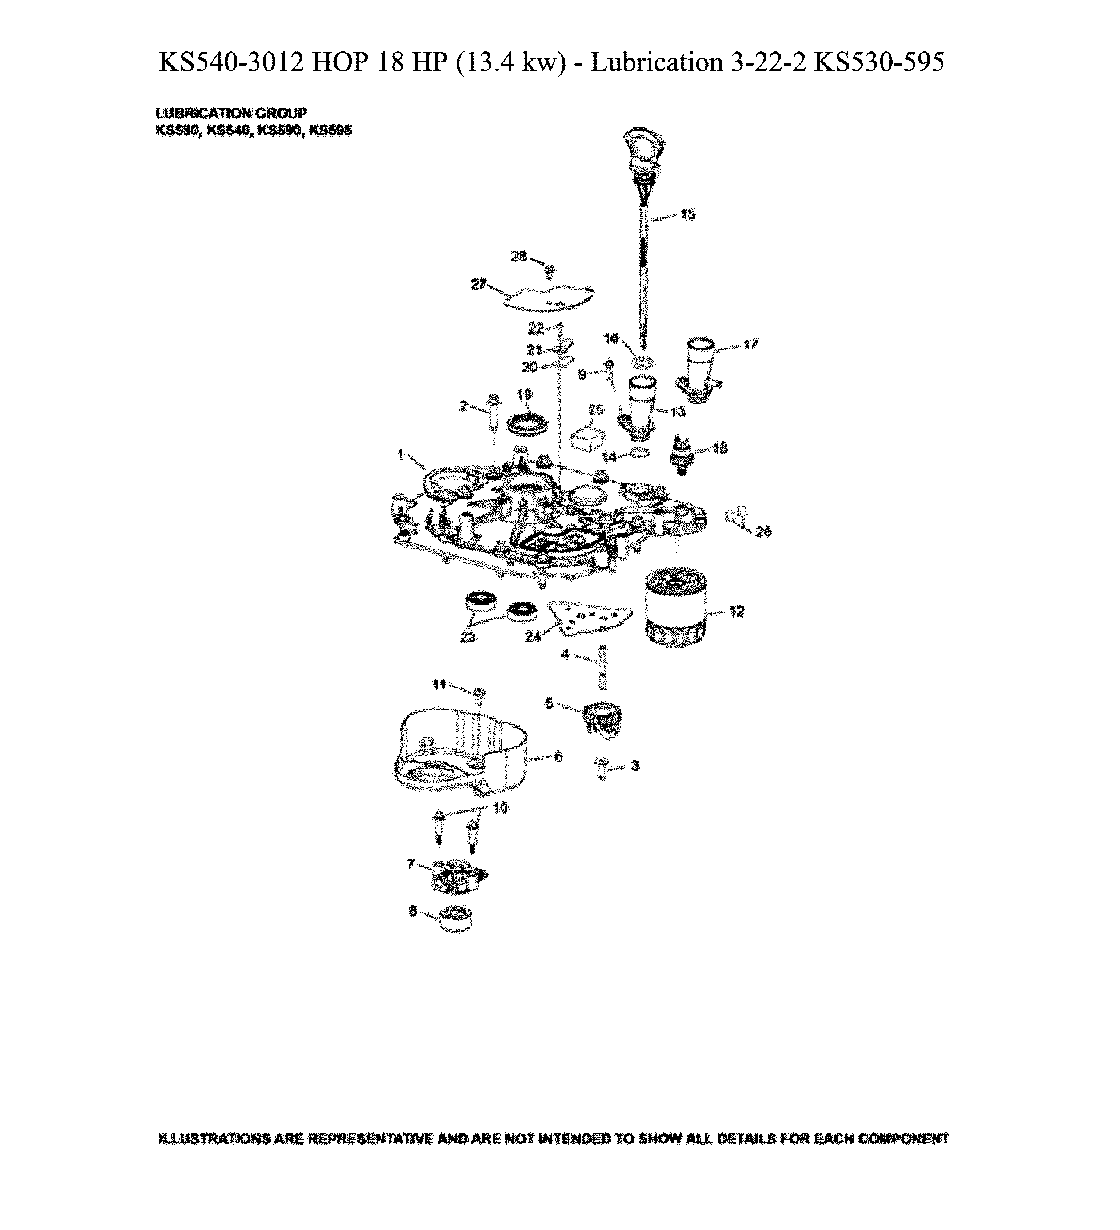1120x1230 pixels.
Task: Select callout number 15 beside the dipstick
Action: [x=687, y=215]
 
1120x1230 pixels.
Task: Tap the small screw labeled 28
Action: [x=549, y=269]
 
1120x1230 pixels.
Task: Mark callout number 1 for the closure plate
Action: [x=400, y=454]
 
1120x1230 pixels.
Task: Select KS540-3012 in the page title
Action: [x=231, y=62]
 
